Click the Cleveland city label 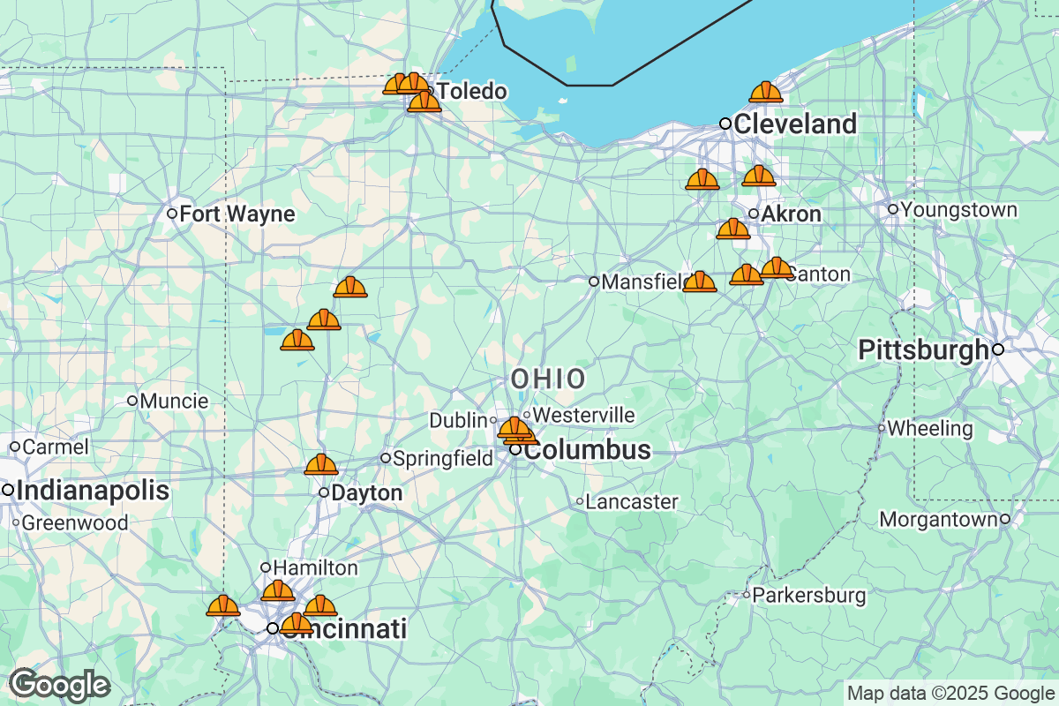(x=794, y=124)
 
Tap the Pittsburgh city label (x=923, y=350)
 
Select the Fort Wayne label (x=237, y=214)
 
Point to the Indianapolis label (x=92, y=491)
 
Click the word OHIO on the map (x=547, y=379)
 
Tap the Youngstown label (x=959, y=210)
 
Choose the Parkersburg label (x=809, y=596)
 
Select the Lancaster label (x=632, y=502)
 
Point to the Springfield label (x=442, y=458)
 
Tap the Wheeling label (x=930, y=429)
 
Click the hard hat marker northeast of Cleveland (x=765, y=92)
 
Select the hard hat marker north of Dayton (x=320, y=464)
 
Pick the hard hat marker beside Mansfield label (x=700, y=282)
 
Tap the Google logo (x=59, y=685)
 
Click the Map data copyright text (x=950, y=693)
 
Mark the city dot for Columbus (x=515, y=450)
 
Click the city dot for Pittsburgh (x=998, y=349)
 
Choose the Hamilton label (x=315, y=567)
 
